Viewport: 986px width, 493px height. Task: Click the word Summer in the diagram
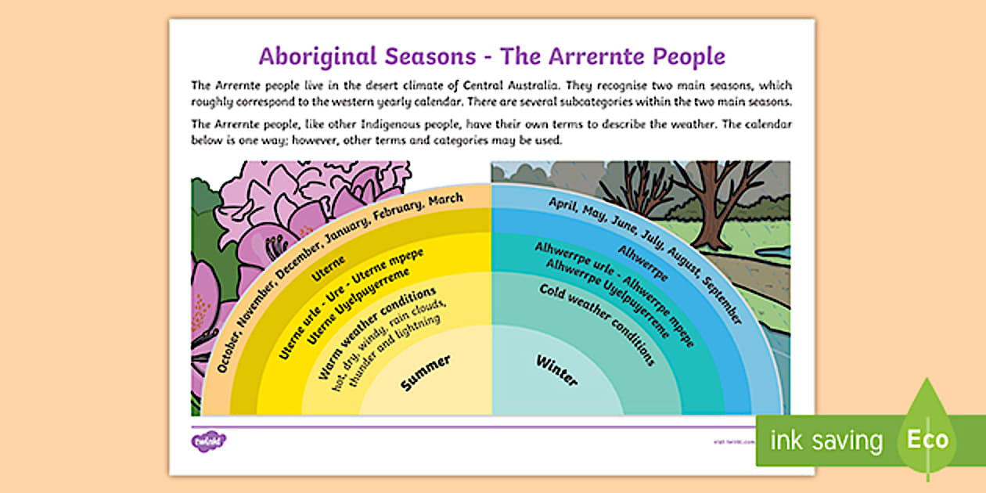426,372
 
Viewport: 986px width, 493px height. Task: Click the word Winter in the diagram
556,370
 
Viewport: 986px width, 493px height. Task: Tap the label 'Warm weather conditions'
377,333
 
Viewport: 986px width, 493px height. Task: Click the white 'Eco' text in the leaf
927,439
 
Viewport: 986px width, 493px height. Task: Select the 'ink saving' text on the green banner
826,441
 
